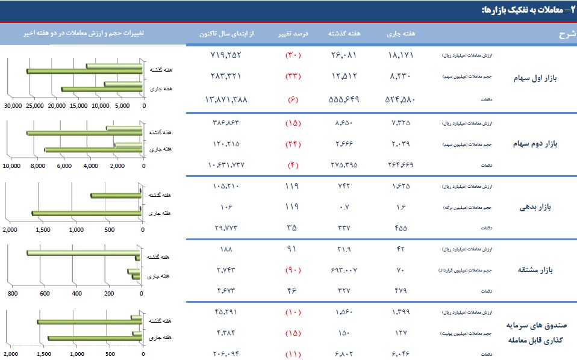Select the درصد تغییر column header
(296, 34)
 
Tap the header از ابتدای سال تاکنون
(227, 34)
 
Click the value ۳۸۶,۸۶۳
(226, 122)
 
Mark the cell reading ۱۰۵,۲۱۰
(226, 186)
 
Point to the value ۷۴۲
(343, 186)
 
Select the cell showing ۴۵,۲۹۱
(226, 312)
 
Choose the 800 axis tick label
(12, 294)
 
